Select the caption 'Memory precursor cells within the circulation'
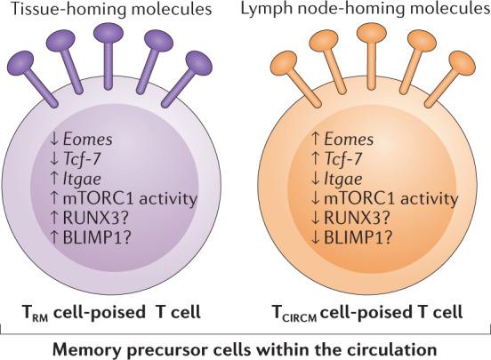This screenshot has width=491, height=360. point(245,345)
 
